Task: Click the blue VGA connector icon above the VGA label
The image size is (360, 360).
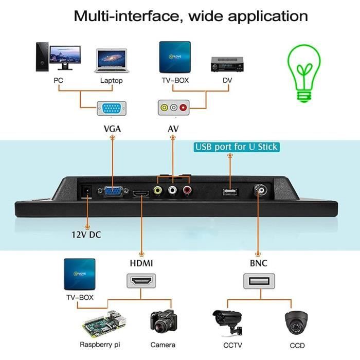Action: [x=112, y=109]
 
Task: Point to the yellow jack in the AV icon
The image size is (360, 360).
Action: [x=164, y=109]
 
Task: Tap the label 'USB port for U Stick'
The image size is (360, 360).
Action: [x=236, y=147]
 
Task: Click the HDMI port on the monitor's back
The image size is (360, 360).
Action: [x=140, y=194]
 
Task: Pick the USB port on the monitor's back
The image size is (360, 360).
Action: [x=229, y=192]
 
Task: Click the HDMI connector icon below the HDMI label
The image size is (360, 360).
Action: [x=141, y=281]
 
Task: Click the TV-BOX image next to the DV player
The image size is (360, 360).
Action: [x=174, y=58]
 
